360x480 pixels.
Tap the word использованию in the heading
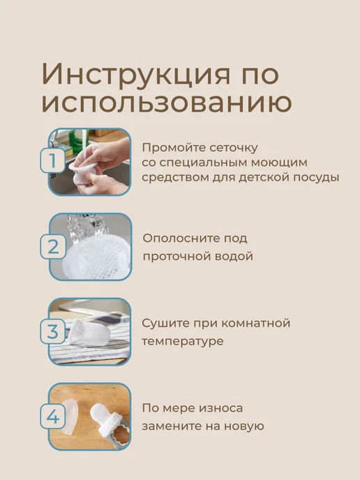167,103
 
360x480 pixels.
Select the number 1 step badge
52,160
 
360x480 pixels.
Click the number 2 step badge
53,246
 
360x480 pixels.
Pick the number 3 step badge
52,331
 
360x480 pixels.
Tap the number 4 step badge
52,417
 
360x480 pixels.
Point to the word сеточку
234,149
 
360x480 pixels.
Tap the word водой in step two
234,256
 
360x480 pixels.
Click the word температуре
183,341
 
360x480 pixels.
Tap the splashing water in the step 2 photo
87,227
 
